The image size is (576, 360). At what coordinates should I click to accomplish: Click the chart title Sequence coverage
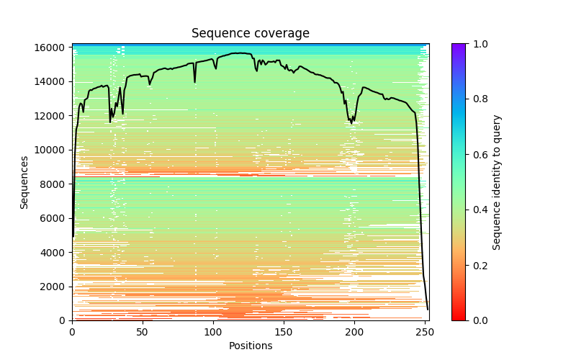click(250, 33)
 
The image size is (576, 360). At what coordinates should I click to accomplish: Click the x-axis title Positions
click(250, 346)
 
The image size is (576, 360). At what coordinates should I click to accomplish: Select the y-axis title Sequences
click(24, 182)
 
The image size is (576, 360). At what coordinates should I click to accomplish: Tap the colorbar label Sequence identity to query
click(497, 182)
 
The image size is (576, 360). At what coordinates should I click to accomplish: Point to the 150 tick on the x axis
click(284, 320)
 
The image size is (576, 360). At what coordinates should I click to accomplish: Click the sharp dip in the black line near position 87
click(194, 81)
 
